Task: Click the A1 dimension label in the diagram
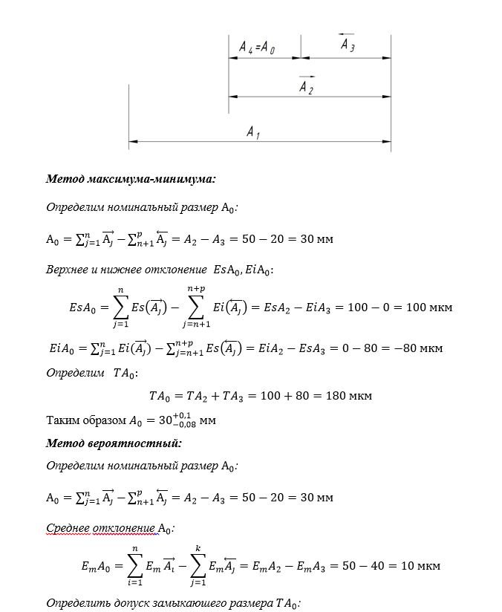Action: click(x=253, y=132)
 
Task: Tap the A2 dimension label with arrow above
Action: click(x=306, y=87)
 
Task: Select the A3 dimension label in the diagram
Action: click(x=347, y=45)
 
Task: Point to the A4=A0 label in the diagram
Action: click(x=257, y=49)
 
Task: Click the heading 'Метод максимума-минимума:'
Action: click(x=131, y=179)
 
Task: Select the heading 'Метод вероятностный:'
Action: click(x=114, y=443)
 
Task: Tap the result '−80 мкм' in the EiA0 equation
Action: click(x=419, y=348)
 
